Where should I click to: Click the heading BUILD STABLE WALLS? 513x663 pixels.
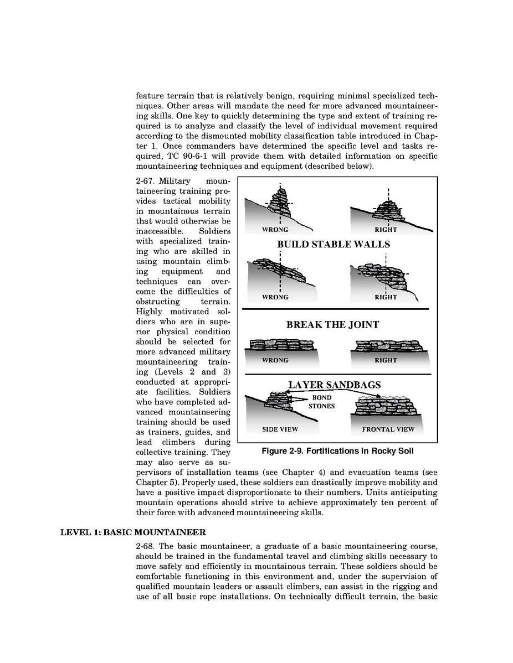[333, 245]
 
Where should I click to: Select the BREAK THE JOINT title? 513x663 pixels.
[332, 325]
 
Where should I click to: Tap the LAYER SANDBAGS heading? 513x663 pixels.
[334, 385]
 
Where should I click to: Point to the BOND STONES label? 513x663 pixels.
[321, 402]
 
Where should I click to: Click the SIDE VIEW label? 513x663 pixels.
[280, 429]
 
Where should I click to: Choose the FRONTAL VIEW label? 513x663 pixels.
[388, 429]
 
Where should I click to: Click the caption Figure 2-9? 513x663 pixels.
[337, 451]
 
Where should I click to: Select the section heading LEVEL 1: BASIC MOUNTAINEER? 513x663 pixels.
[133, 532]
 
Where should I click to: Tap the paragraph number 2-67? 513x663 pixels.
[147, 181]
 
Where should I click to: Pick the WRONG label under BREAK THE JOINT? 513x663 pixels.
[275, 360]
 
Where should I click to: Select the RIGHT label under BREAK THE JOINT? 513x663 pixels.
[386, 360]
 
